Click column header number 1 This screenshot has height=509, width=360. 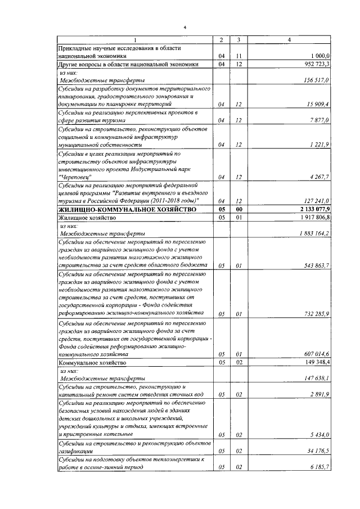coord(136,40)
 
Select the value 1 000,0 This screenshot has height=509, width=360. coord(320,56)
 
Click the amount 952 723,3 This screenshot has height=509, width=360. coord(317,64)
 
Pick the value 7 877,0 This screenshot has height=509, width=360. coord(320,120)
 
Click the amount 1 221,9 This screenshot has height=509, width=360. coord(320,145)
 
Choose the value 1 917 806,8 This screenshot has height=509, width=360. coord(314,217)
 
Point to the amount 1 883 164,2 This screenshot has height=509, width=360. coord(314,233)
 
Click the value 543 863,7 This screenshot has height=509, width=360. coord(317,265)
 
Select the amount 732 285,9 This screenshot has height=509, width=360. coord(317,313)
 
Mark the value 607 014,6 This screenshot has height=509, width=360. coord(317,355)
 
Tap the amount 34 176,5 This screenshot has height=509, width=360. coord(318,451)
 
